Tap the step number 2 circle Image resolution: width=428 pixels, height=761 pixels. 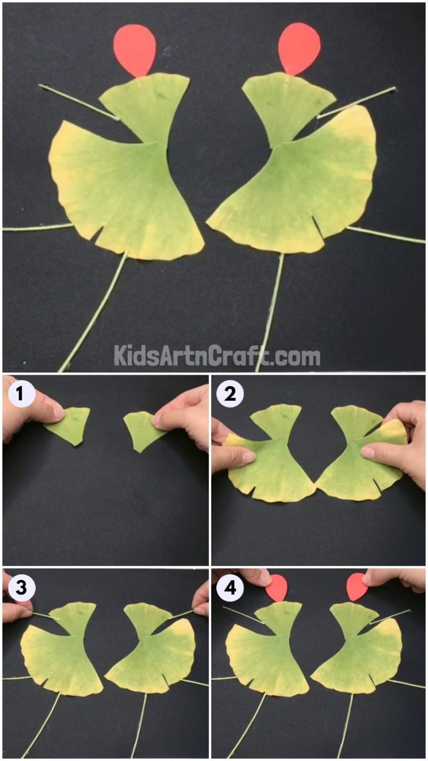[230, 395]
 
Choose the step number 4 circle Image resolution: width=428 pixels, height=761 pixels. [230, 588]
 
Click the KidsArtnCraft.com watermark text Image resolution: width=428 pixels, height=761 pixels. [217, 355]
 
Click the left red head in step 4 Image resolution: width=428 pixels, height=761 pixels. [276, 588]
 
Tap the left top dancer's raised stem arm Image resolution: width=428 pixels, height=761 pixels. [78, 101]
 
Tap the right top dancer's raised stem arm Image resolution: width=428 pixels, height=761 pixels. [357, 102]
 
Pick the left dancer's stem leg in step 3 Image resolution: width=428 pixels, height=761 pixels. [42, 725]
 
